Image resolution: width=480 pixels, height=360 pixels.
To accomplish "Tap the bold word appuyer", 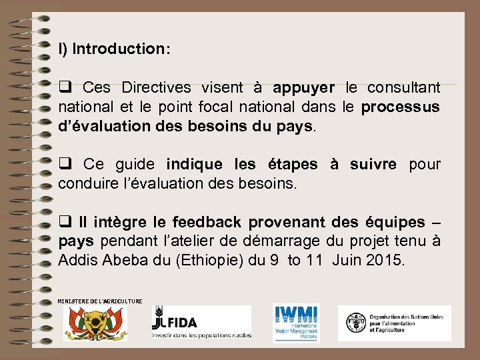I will (x=304, y=88).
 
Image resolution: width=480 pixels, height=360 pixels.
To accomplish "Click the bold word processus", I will (x=400, y=107).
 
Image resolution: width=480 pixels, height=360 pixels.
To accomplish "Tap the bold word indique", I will (x=195, y=164).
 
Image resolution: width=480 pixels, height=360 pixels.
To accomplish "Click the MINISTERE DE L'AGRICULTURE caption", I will (x=100, y=301).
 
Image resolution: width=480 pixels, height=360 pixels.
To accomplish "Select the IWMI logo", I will (x=296, y=323).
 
